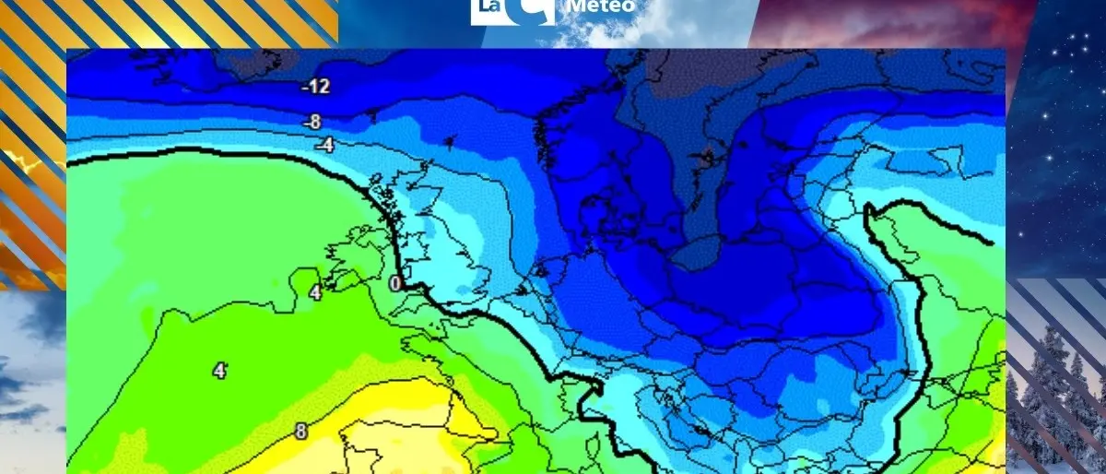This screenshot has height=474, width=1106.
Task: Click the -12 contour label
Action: pos(316,88)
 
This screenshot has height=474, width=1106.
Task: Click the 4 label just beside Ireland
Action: pos(315,293)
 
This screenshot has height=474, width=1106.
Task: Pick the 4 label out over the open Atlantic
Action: pos(219,371)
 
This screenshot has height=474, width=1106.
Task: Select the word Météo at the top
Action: pos(602,7)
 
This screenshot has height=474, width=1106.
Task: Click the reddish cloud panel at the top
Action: pos(885,23)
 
